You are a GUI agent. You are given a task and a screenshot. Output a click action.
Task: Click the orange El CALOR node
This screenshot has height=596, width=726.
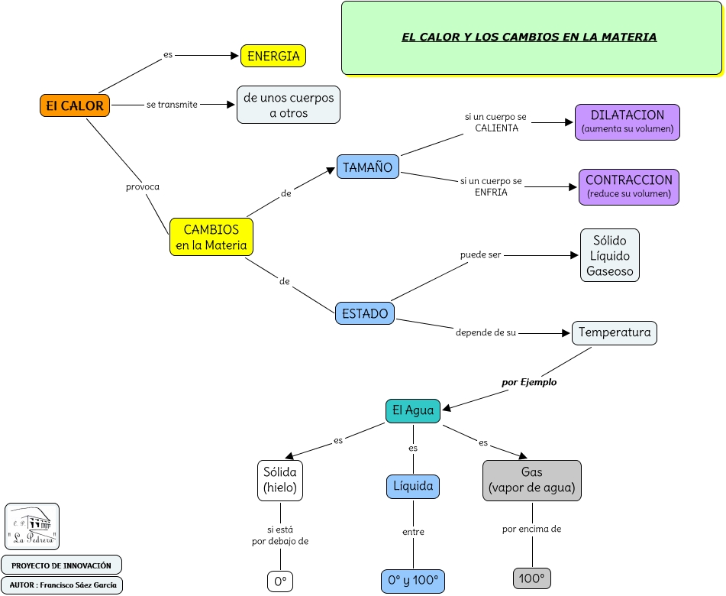click(x=75, y=105)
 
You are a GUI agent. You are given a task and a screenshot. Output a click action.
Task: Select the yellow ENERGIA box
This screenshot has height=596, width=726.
click(x=273, y=56)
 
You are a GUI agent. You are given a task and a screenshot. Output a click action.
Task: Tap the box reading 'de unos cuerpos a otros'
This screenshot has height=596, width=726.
click(x=288, y=105)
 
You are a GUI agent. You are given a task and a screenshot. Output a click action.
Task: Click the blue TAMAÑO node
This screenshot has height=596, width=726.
click(x=367, y=167)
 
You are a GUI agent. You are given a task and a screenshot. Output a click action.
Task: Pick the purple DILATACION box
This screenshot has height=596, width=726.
click(x=628, y=122)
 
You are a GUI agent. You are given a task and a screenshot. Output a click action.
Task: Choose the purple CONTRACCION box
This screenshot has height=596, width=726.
click(x=629, y=187)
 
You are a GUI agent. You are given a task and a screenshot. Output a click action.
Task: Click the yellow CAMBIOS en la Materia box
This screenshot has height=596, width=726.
click(x=211, y=237)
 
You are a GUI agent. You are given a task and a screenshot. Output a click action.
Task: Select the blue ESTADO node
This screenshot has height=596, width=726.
click(x=365, y=313)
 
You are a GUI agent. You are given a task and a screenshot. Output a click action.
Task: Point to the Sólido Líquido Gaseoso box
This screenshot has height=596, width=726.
click(x=609, y=255)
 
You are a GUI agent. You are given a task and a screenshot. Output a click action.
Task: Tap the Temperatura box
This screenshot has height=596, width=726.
click(x=615, y=332)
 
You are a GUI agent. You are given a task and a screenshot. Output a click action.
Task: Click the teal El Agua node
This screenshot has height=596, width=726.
click(x=413, y=410)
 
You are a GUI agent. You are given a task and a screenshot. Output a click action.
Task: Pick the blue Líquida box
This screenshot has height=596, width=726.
click(x=413, y=486)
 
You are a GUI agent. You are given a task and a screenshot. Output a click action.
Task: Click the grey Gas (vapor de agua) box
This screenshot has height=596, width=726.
click(x=532, y=480)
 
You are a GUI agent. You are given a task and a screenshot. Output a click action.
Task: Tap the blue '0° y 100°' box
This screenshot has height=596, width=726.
click(x=413, y=581)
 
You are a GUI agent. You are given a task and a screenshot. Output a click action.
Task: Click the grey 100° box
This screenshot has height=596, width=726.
click(x=532, y=578)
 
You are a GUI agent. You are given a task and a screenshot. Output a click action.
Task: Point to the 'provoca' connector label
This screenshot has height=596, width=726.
click(x=143, y=186)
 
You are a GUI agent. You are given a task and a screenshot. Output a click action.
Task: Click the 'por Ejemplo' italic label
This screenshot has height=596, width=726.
click(x=529, y=382)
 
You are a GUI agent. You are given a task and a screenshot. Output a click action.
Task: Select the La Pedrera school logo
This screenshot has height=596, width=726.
click(x=32, y=526)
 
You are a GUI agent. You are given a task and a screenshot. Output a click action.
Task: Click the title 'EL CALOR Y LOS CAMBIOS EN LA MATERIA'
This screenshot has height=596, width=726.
click(x=529, y=37)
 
